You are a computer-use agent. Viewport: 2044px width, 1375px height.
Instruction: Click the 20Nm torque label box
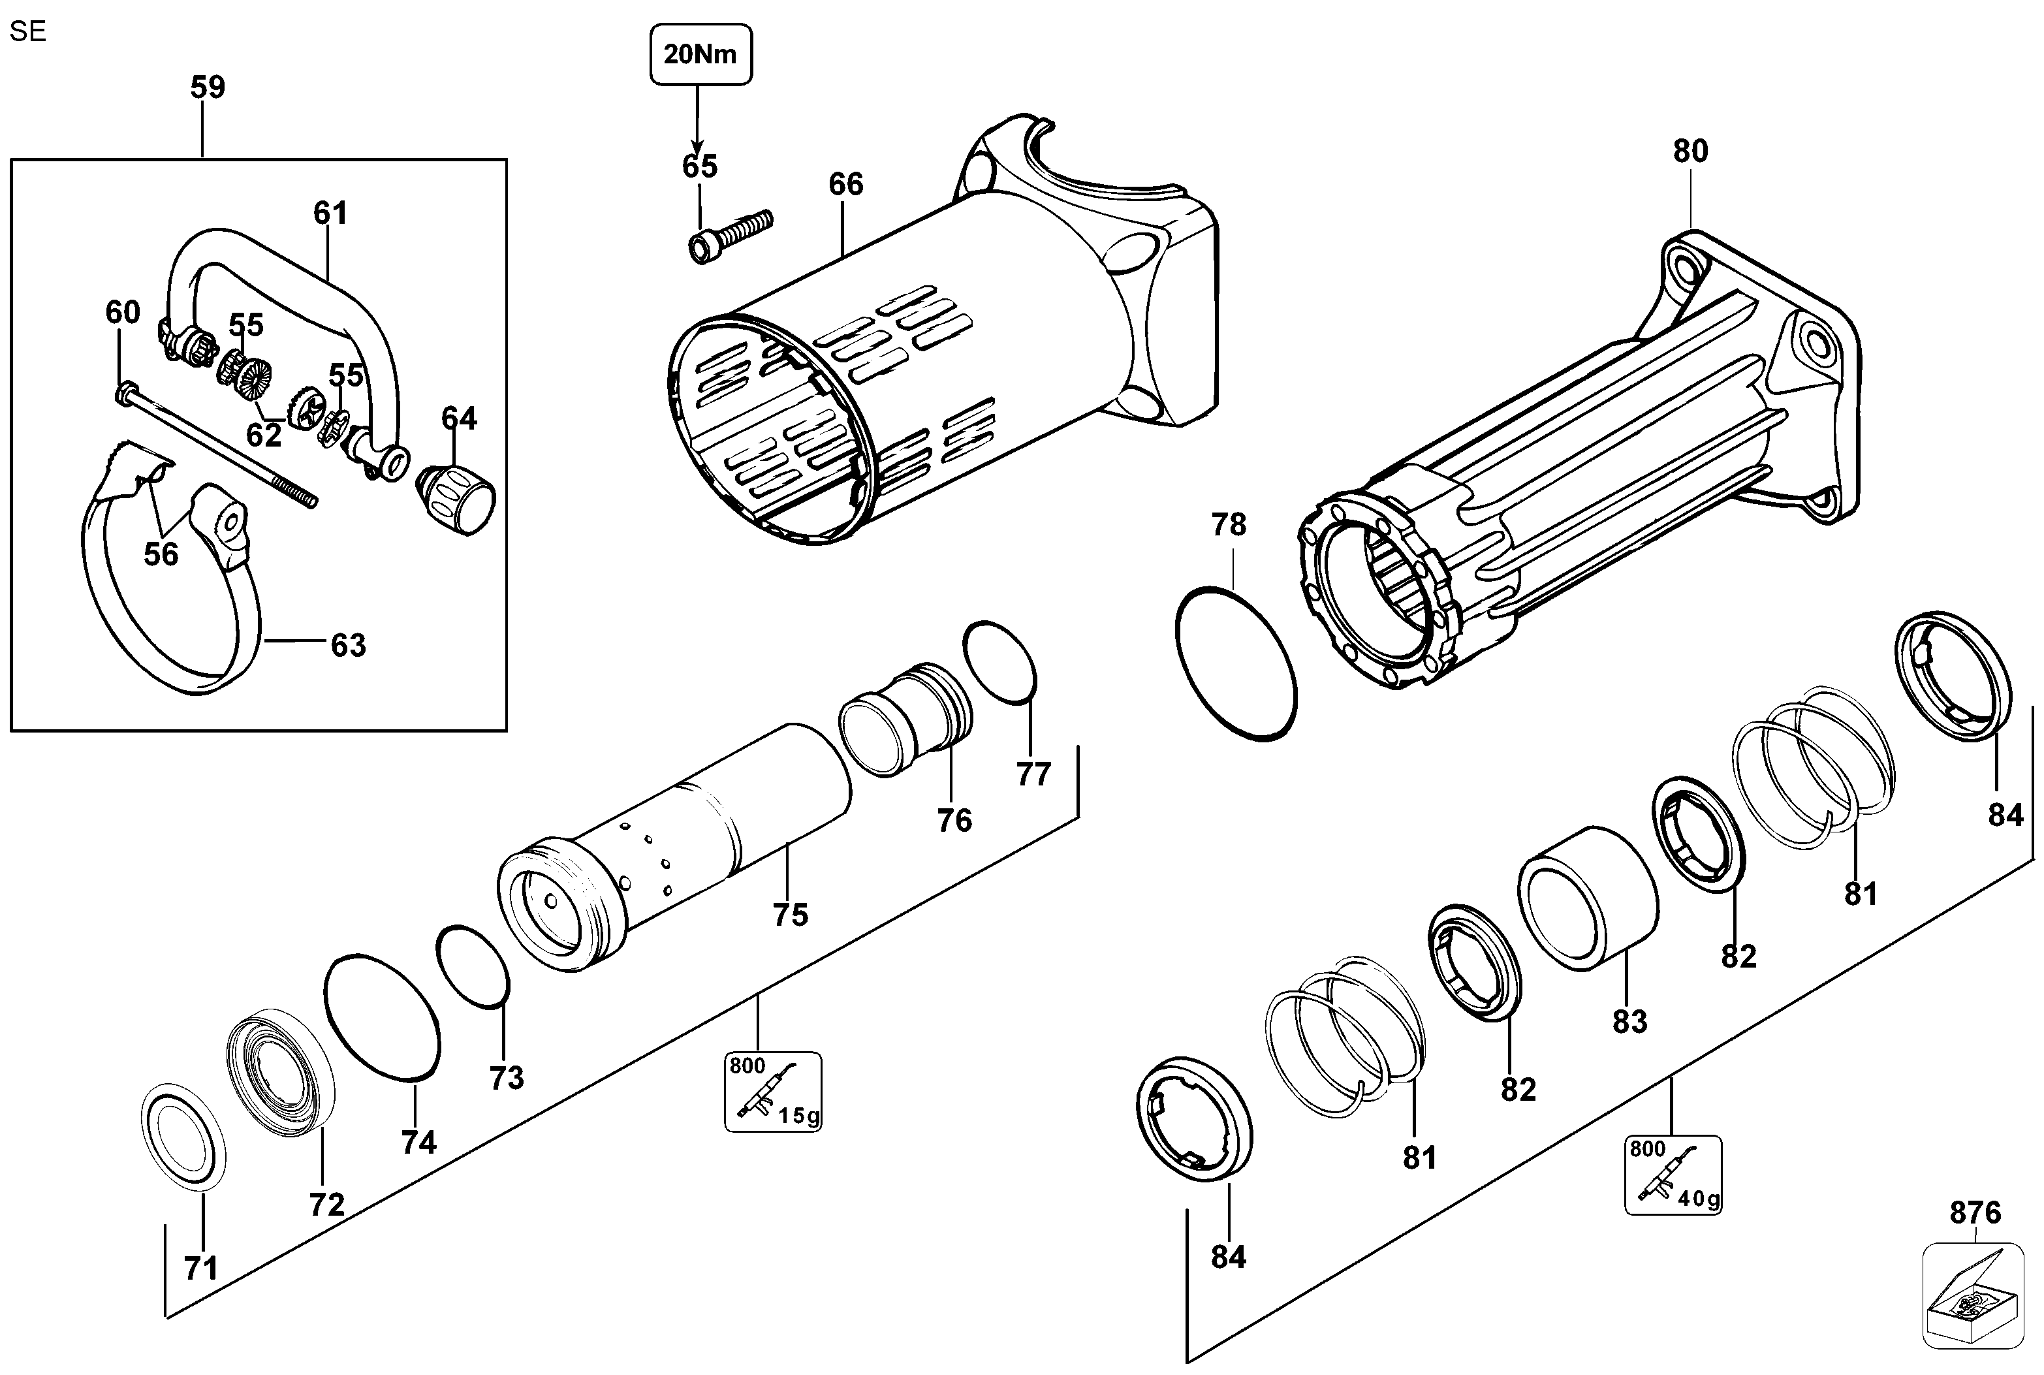click(700, 54)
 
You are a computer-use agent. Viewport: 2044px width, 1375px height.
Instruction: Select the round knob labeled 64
click(458, 498)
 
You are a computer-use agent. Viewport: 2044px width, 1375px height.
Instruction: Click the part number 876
click(1975, 1213)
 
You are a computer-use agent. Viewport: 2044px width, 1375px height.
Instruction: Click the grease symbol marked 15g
click(772, 1091)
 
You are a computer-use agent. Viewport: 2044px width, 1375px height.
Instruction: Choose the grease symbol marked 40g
click(1672, 1175)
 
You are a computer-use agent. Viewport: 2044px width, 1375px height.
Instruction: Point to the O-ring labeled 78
click(1236, 664)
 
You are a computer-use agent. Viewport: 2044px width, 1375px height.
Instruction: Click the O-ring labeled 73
click(473, 966)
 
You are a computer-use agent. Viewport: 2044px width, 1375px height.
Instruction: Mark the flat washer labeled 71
click(183, 1138)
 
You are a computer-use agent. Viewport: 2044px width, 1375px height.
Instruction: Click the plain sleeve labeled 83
click(1588, 897)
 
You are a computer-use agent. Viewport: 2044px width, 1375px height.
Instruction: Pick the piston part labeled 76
click(905, 719)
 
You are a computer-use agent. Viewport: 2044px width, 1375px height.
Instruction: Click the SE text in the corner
click(27, 31)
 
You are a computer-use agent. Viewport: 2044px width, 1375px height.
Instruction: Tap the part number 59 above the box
click(208, 87)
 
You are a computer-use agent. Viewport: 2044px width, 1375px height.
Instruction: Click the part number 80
click(1690, 151)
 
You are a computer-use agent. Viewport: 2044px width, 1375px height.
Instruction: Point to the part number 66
click(845, 184)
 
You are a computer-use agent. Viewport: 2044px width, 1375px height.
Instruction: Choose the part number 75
click(789, 915)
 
